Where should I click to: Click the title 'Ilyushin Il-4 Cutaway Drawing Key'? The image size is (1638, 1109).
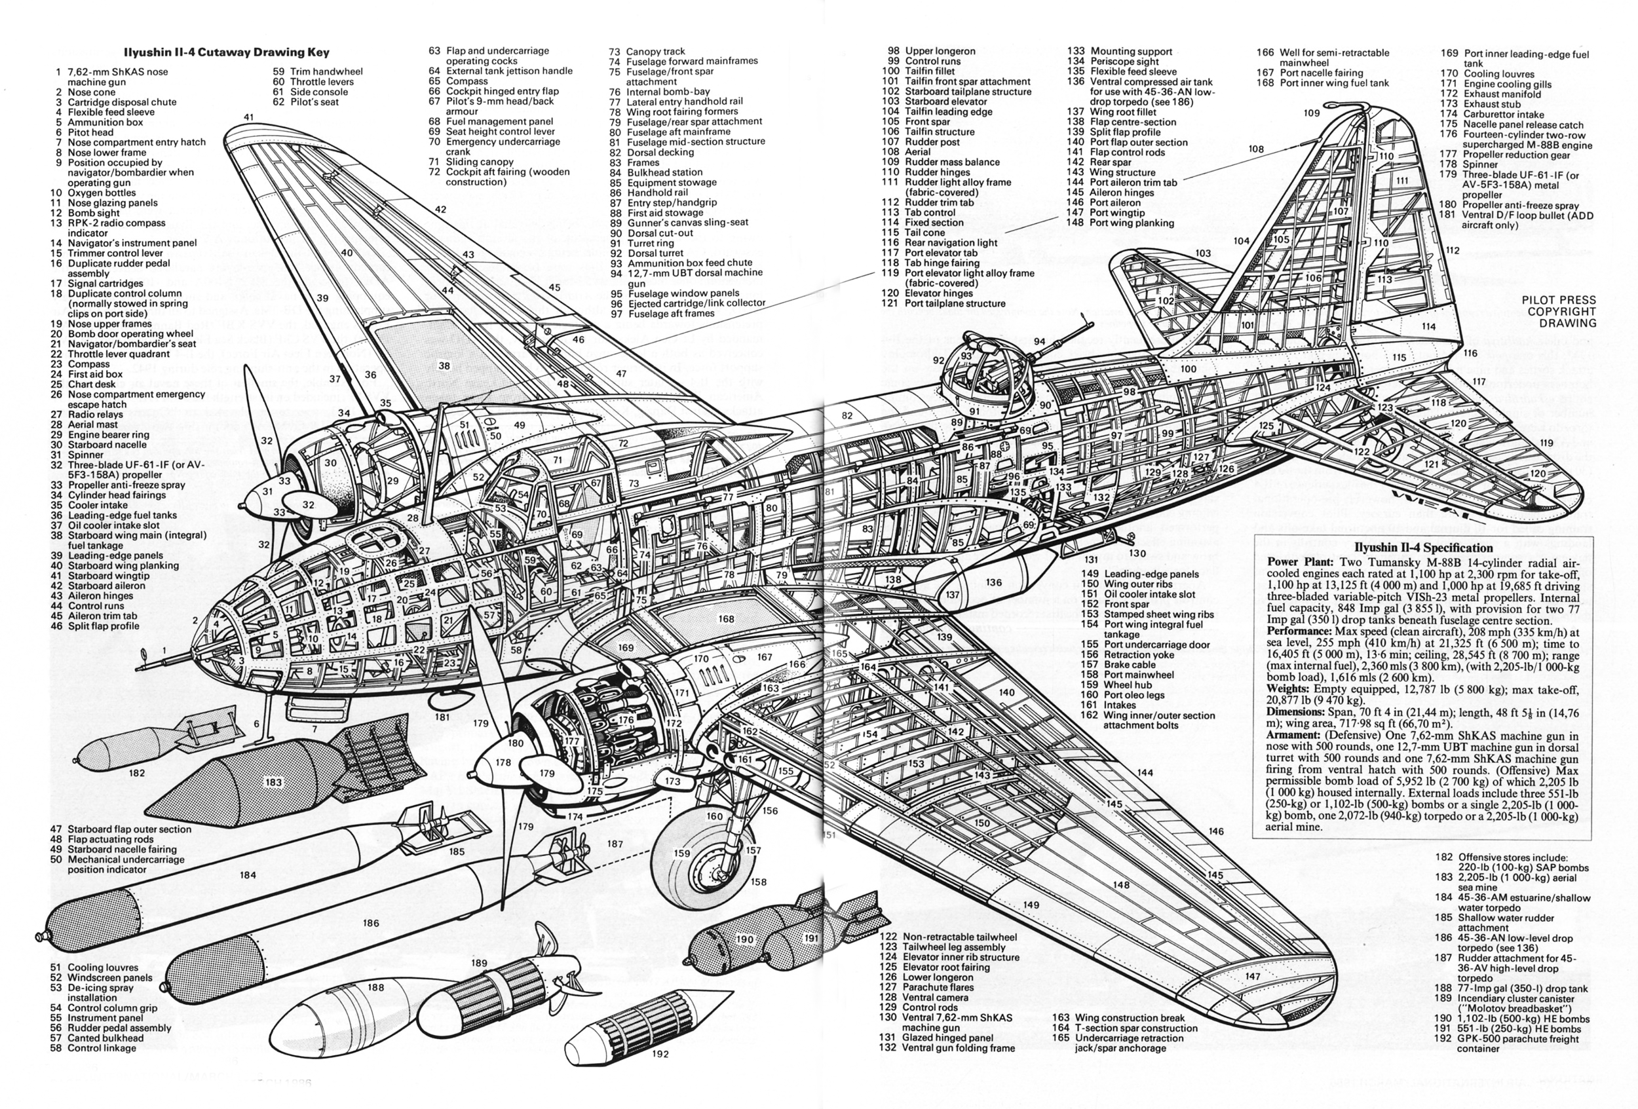pos(226,52)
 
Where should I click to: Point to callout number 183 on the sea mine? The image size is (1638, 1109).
pos(273,782)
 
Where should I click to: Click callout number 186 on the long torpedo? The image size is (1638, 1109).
pos(371,923)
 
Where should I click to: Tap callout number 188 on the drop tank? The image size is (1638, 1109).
pos(375,987)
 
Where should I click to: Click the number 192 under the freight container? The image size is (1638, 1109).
pos(660,1054)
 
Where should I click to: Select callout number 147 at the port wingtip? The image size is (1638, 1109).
pos(1253,977)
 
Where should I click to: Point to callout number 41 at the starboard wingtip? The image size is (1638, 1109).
pos(249,117)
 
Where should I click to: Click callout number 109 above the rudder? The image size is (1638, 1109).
pos(1311,113)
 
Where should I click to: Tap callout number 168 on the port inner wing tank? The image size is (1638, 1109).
pos(726,619)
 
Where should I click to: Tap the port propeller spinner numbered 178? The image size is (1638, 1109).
pos(503,762)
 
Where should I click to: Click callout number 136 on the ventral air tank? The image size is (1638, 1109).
pos(994,583)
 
